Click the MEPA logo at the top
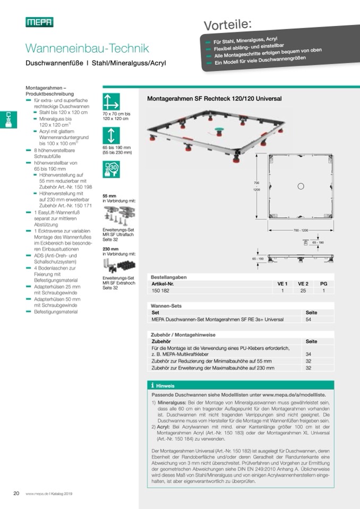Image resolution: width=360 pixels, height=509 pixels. click(x=39, y=22)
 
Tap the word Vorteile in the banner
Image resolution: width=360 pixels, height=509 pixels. click(x=228, y=23)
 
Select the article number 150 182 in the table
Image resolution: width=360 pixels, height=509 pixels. click(x=160, y=290)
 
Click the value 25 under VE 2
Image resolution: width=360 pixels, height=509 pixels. click(x=303, y=290)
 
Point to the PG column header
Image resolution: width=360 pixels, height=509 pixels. click(x=323, y=284)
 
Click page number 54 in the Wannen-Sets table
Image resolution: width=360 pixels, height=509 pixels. click(x=308, y=320)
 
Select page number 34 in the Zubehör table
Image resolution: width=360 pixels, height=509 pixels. click(x=308, y=353)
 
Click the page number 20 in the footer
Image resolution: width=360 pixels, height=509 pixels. click(x=16, y=493)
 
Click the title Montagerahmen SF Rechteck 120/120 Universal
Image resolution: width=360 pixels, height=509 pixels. click(x=213, y=99)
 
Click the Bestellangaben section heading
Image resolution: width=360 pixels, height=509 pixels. click(x=168, y=278)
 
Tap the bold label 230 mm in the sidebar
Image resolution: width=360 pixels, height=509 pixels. click(x=110, y=248)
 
